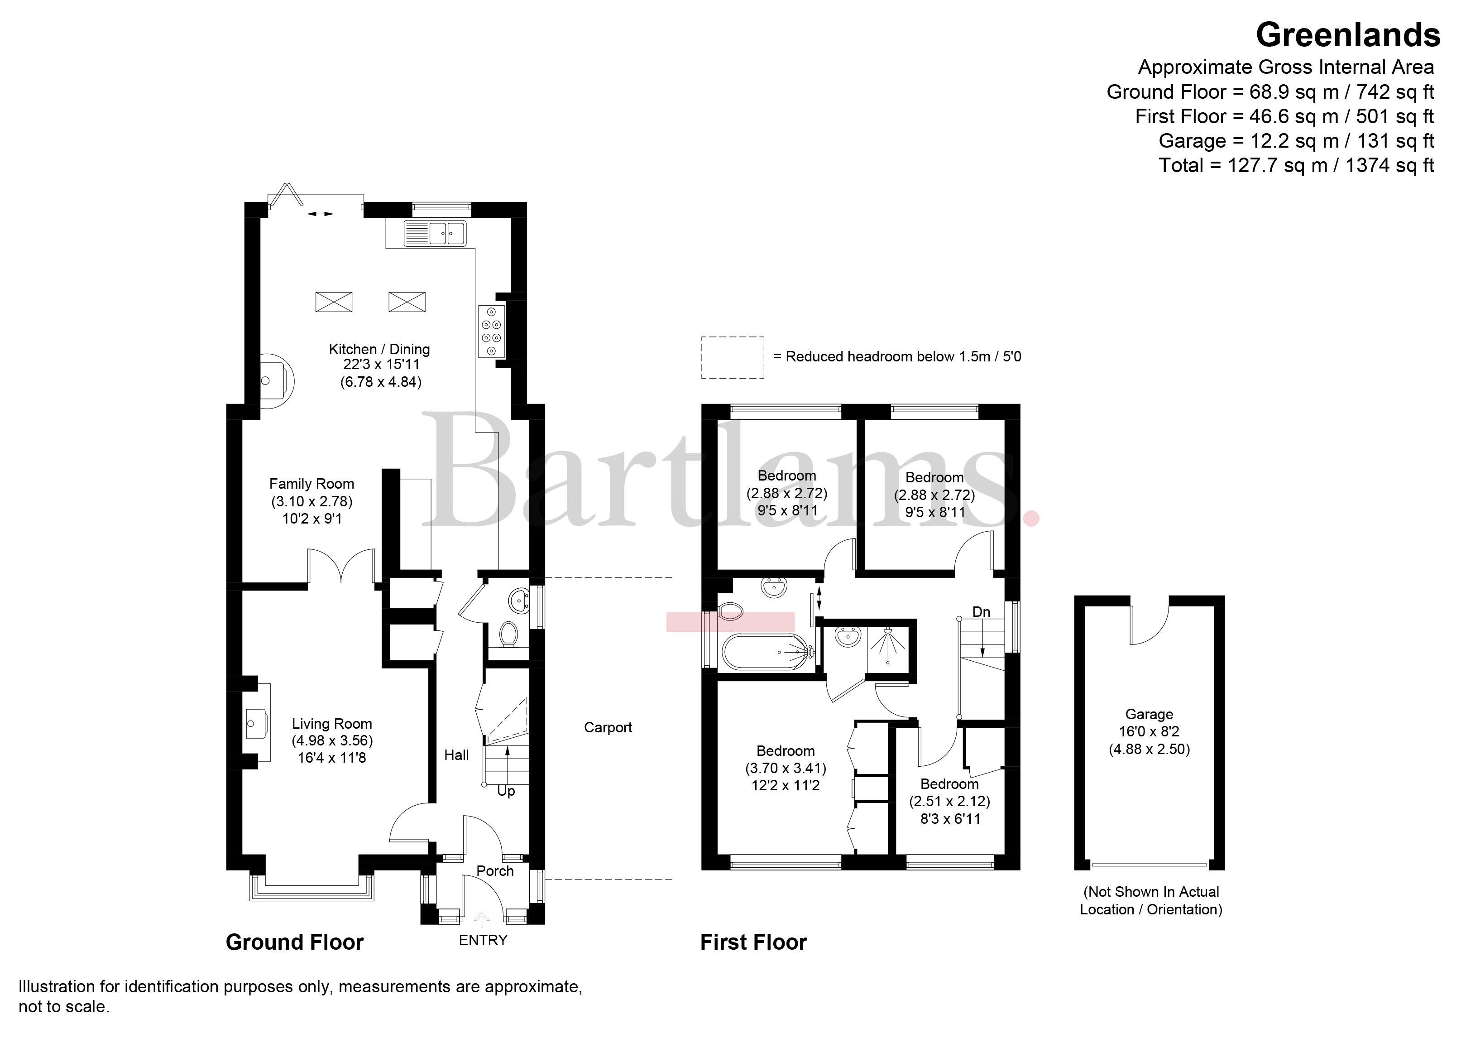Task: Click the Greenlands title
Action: coord(1348,35)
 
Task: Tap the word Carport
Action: coord(608,727)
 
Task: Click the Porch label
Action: coord(495,871)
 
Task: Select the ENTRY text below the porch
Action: coord(483,940)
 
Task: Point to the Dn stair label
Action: coord(981,612)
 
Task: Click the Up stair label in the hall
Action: coord(506,791)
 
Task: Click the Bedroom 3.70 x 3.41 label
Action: coord(786,768)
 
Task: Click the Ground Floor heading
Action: coord(295,942)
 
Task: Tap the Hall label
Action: coord(456,755)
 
